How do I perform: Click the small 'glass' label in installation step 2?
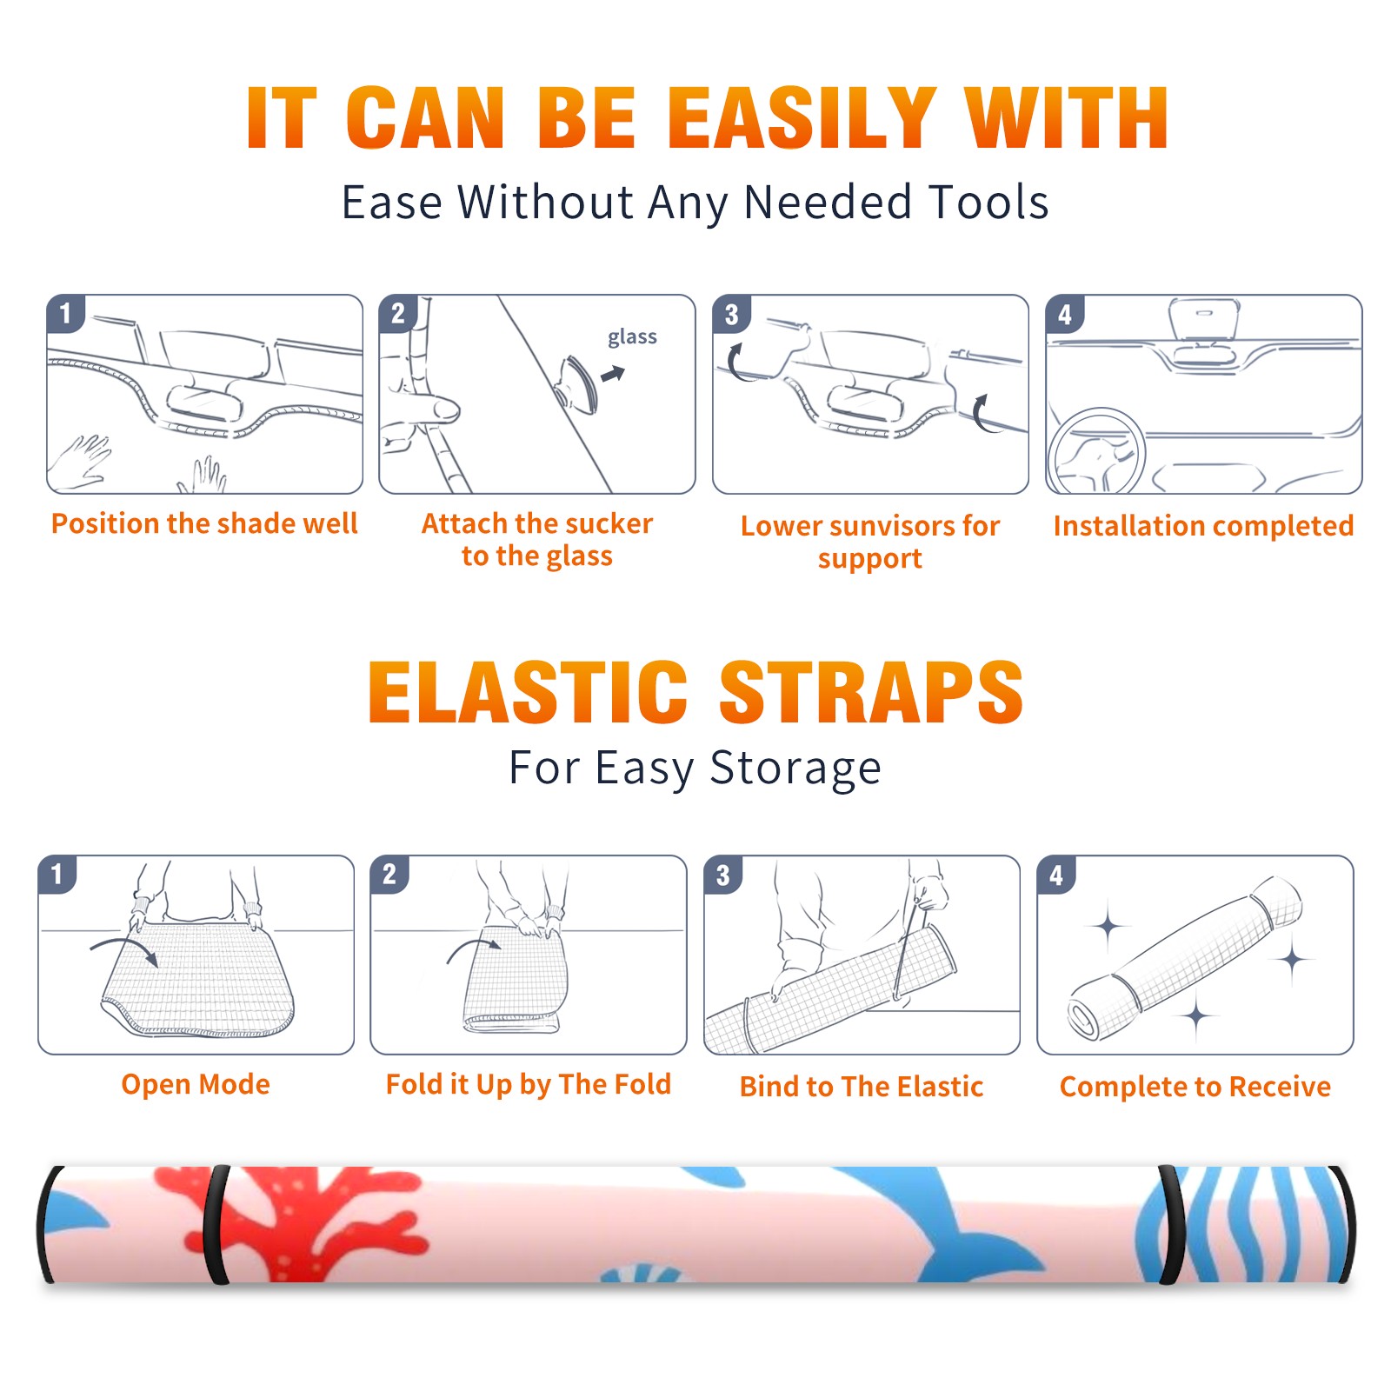pos(632,337)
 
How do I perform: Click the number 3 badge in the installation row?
pos(731,314)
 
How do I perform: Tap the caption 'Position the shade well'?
pos(204,523)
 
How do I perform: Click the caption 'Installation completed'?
pos(1203,526)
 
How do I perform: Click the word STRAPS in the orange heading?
pos(871,692)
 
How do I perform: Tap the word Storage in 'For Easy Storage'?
pos(795,769)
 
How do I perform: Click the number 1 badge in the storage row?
pos(57,874)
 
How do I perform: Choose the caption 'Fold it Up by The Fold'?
pos(529,1085)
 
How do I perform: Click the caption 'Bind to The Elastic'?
pos(862,1087)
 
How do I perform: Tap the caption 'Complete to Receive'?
pos(1195,1087)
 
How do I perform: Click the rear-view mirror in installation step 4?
pos(1204,320)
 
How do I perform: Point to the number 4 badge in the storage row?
pos(1056,874)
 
